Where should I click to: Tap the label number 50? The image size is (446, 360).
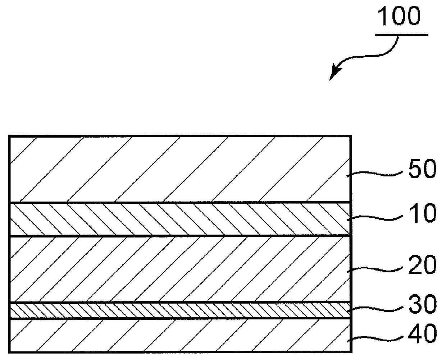tap(422, 169)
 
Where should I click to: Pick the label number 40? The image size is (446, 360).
tap(422, 334)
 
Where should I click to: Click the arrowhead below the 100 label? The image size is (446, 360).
tap(334, 73)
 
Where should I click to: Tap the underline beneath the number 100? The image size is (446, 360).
tap(402, 34)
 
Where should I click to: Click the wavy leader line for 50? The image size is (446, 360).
tap(375, 174)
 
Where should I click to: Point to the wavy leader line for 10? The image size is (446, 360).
tap(375, 218)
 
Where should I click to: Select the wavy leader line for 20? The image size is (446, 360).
tap(375, 269)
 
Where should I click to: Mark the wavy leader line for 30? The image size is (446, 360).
tap(375, 309)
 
